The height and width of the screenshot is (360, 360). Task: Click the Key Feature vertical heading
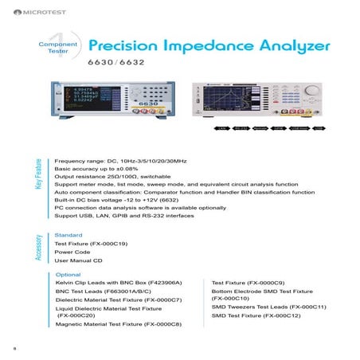point(37,175)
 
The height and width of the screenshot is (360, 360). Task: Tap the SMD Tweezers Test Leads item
point(268,306)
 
